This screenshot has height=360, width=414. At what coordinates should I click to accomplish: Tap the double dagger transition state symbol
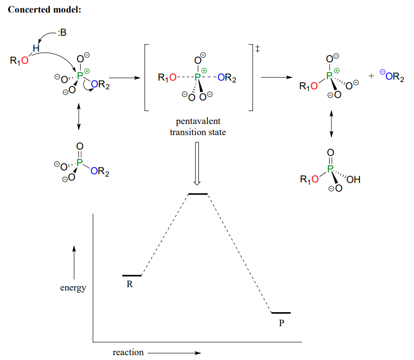257,49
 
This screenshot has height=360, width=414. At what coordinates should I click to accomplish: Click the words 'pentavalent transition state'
198,127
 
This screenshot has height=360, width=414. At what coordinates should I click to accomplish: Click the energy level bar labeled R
132,276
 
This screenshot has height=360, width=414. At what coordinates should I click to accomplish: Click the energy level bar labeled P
281,313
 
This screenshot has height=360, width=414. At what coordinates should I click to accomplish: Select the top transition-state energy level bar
197,194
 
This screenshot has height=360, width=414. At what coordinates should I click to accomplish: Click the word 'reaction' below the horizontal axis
128,352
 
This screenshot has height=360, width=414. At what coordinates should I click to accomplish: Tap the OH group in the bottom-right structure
353,180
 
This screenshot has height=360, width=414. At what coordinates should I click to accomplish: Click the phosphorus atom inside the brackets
197,77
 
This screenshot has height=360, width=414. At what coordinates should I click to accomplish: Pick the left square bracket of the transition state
147,77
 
